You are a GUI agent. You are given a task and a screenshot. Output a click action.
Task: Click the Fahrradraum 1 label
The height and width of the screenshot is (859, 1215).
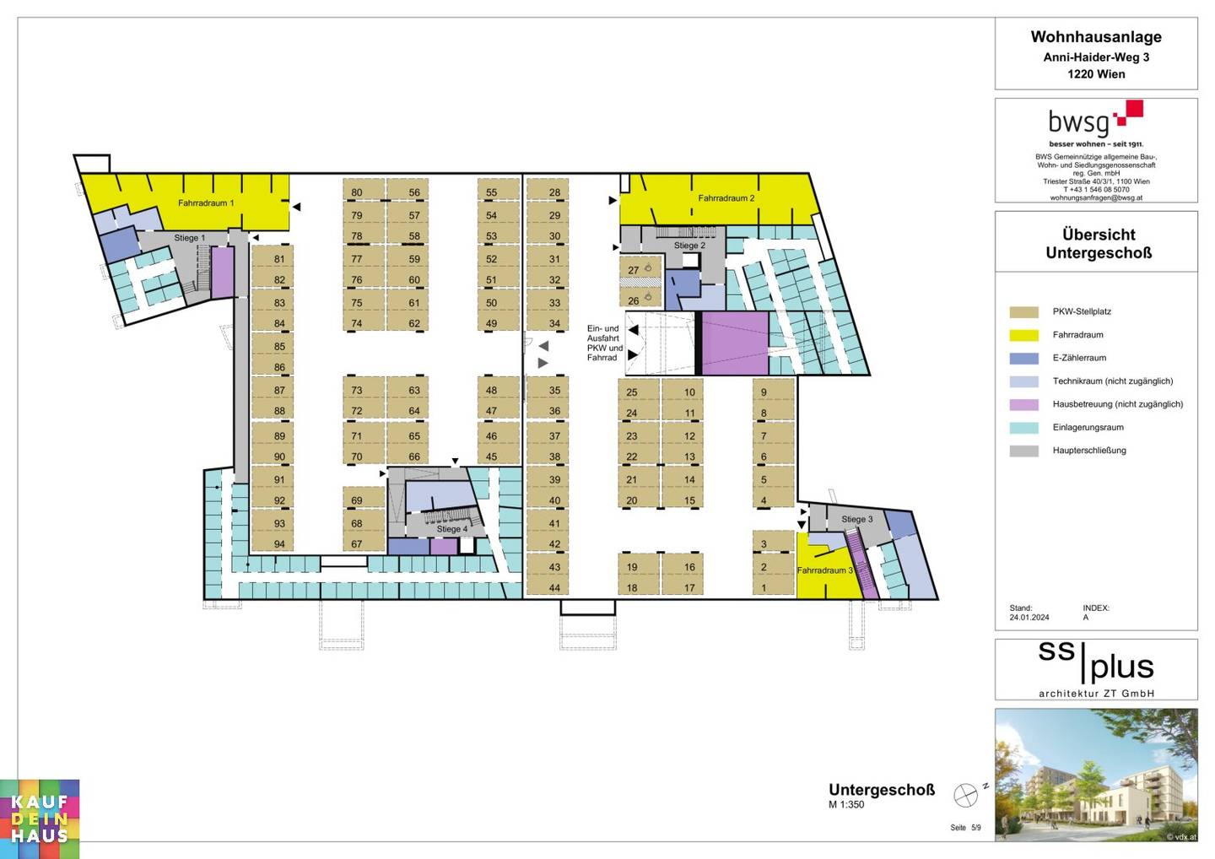click(206, 203)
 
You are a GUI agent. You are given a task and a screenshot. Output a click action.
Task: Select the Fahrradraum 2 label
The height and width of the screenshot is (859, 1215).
click(726, 198)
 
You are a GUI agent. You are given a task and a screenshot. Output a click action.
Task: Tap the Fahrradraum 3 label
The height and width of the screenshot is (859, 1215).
click(825, 570)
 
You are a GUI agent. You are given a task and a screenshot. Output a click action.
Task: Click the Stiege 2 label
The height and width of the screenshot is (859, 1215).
click(689, 246)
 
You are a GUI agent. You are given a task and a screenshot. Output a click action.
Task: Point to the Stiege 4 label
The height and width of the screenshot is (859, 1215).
click(452, 529)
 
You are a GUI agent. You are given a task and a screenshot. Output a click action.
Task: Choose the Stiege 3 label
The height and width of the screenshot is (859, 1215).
click(857, 520)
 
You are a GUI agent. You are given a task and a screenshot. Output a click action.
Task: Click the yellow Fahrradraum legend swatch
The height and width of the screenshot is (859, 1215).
click(1024, 335)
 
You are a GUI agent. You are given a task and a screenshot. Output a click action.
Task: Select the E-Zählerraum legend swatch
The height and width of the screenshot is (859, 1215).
click(1024, 359)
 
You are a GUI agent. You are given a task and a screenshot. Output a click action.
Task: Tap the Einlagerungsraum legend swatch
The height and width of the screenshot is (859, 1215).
click(1024, 428)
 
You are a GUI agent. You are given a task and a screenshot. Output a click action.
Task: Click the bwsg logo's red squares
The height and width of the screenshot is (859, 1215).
click(1129, 113)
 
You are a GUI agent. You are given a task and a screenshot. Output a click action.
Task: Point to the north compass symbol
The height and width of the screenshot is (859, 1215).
click(965, 796)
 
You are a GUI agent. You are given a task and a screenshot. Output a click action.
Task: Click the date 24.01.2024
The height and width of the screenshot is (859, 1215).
click(1029, 618)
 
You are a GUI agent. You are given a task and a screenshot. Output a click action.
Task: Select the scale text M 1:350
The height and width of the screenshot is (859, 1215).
click(846, 805)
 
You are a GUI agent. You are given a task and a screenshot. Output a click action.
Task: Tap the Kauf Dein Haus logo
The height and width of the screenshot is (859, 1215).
click(40, 819)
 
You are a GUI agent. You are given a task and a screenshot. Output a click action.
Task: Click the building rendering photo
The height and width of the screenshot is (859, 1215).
click(1096, 775)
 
